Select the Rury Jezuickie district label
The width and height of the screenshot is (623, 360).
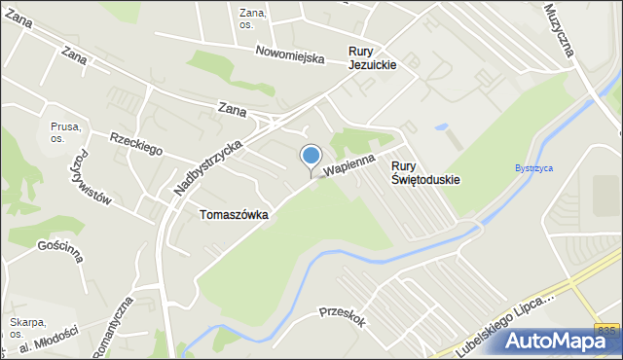373,57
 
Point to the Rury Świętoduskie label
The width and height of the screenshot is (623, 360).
425,172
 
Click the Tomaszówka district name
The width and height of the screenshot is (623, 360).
234,215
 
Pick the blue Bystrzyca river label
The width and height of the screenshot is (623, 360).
533,168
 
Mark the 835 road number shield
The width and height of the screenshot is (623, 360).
606,331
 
